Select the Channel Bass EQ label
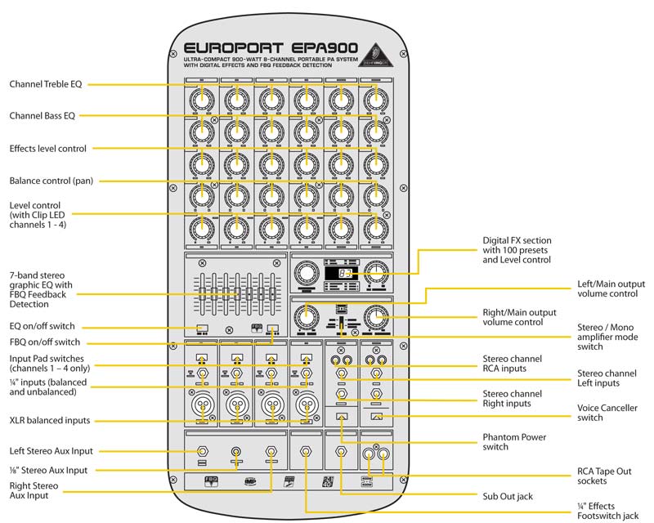point(43,116)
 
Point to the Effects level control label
point(59,149)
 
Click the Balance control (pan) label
point(55,180)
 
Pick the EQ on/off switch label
point(42,325)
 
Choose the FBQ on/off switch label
point(45,342)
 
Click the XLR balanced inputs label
point(50,421)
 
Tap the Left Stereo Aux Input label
point(52,450)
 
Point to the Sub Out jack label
point(508,496)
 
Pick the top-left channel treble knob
point(201,100)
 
